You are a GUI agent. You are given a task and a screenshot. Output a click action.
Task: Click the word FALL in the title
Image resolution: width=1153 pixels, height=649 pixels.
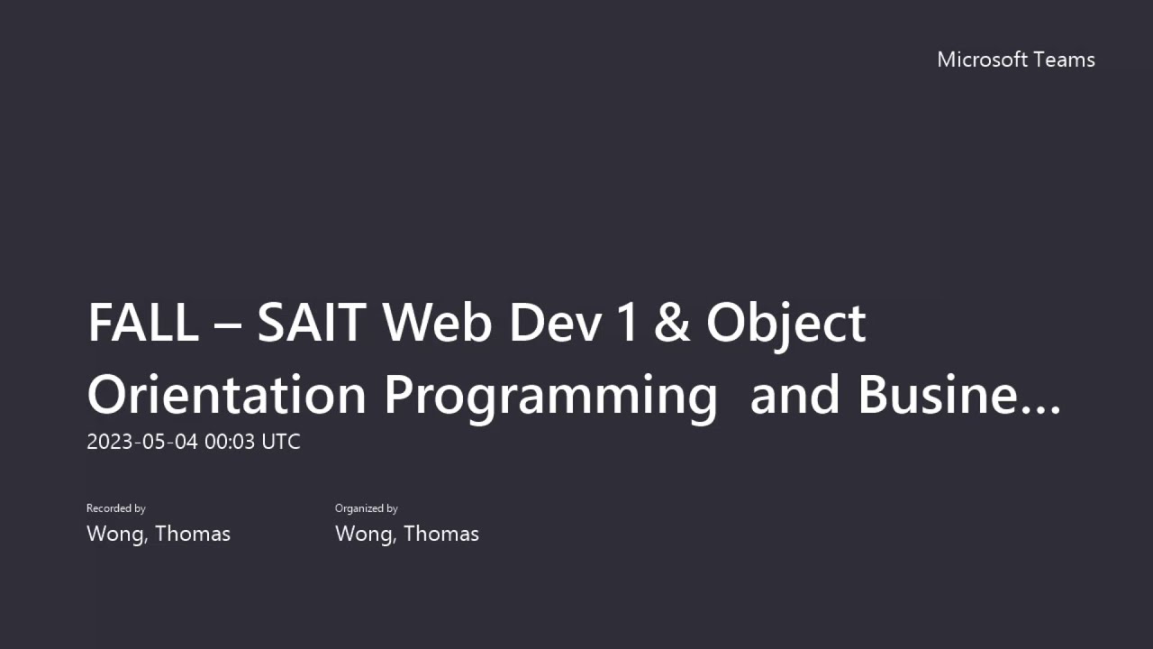click(x=142, y=323)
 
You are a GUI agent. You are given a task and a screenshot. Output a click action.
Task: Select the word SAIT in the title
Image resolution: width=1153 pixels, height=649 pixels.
click(x=311, y=323)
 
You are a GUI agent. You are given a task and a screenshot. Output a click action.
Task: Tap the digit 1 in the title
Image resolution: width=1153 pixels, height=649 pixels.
click(x=628, y=323)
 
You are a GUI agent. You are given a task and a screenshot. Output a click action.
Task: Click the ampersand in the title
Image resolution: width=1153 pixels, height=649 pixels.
click(x=672, y=323)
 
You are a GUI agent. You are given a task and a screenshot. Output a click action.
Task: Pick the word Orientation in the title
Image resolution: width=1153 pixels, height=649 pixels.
click(x=226, y=395)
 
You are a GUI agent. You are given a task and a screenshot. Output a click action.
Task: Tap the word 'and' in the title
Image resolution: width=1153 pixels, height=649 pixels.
click(x=795, y=395)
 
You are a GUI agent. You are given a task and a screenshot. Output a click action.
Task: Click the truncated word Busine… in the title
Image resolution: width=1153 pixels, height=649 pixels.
click(x=959, y=395)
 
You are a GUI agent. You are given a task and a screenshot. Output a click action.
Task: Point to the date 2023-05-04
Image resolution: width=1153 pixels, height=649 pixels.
click(x=141, y=442)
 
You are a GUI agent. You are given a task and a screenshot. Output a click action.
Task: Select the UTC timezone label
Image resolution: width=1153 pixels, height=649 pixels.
click(x=280, y=442)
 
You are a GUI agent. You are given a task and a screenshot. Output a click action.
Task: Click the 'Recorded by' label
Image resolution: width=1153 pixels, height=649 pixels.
click(x=116, y=508)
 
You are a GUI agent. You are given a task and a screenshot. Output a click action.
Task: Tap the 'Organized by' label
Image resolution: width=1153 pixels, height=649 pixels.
click(x=367, y=508)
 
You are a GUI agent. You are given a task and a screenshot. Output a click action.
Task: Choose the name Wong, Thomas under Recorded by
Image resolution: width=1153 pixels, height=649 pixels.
click(x=159, y=534)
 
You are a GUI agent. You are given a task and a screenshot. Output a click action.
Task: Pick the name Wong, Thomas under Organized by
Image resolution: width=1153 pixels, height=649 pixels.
click(x=407, y=534)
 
